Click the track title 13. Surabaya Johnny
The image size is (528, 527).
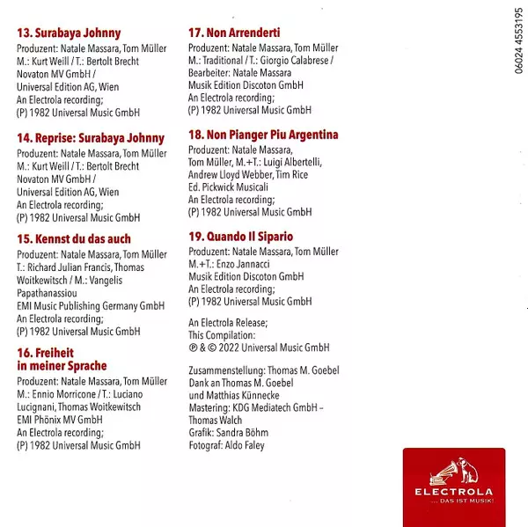point(69,33)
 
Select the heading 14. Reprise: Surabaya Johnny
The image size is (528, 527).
point(91,138)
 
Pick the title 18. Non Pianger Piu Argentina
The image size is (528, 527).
point(263,135)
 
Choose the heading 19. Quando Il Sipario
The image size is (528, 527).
point(240,237)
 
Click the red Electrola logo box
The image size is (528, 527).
point(454,487)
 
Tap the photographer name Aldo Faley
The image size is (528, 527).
point(247,446)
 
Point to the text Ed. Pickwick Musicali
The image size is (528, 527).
point(231,187)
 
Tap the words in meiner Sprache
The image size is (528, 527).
point(62,365)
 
